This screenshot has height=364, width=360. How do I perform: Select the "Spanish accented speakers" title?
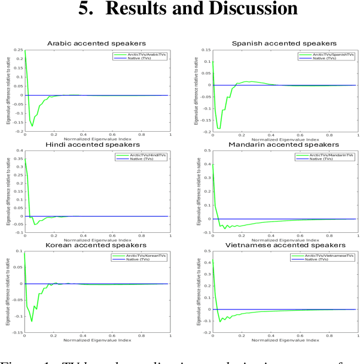coord(283,43)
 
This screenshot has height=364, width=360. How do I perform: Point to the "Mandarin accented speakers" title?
coord(283,144)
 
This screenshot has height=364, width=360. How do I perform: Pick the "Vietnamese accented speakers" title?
coord(283,245)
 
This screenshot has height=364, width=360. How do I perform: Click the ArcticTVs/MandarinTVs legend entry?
coord(331,155)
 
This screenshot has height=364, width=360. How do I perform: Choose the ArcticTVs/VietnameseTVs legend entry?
coord(330,256)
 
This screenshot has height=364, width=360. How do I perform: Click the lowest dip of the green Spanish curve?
coord(219,128)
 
